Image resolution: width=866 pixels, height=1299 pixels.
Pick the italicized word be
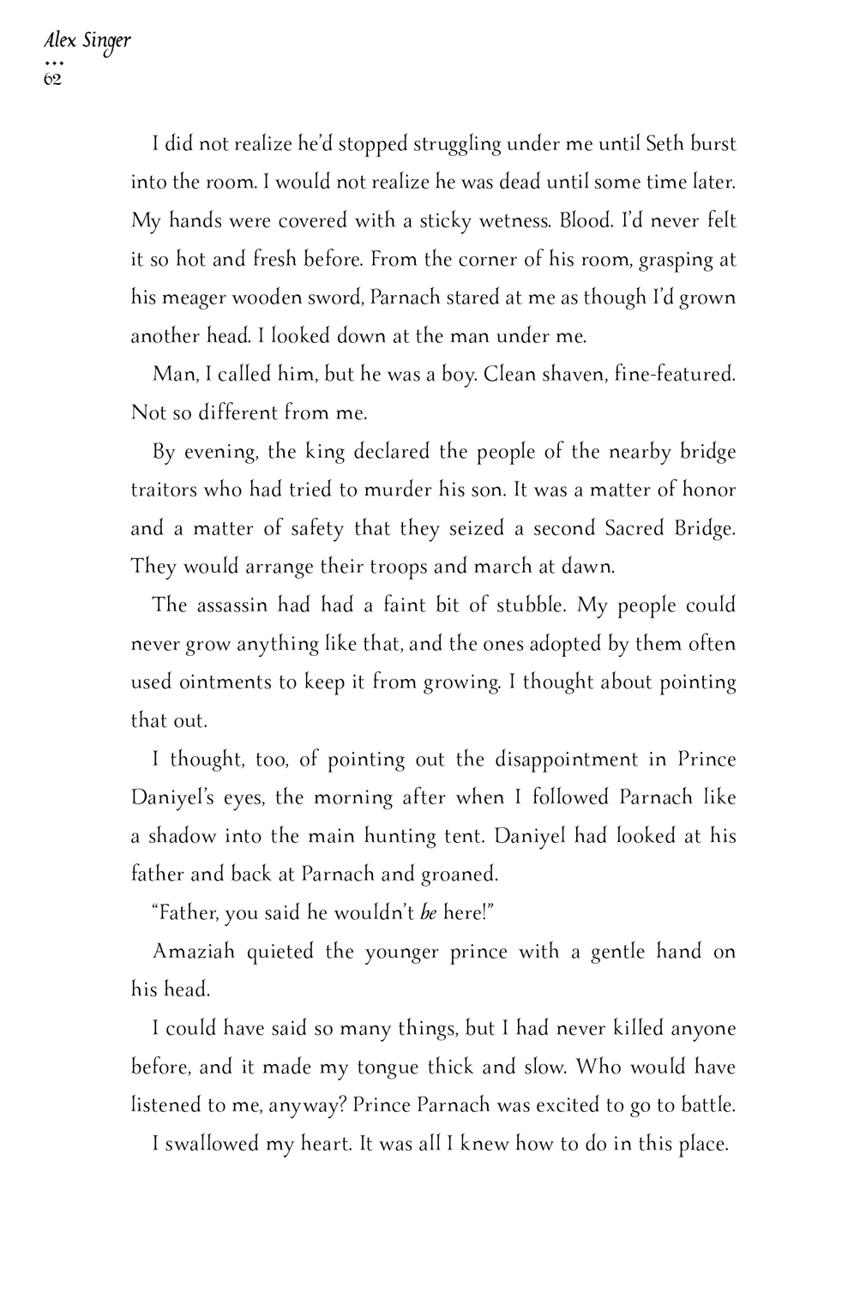[428, 913]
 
